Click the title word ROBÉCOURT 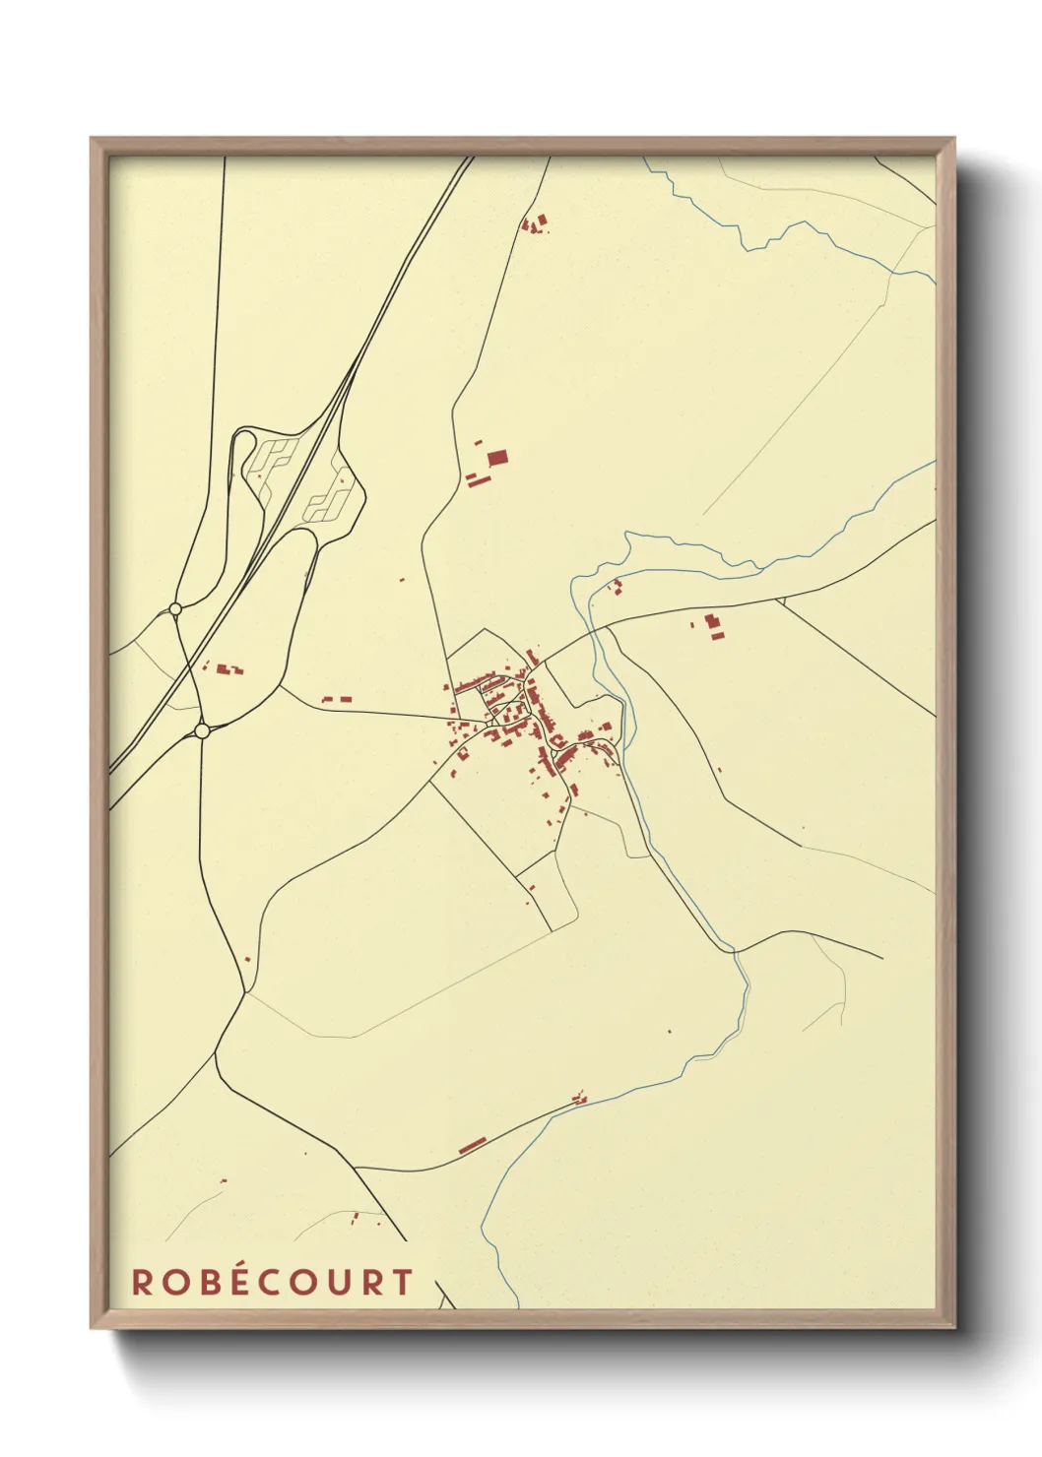click(272, 1282)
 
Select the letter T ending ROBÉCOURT click(401, 1282)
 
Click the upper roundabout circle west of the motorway click(175, 609)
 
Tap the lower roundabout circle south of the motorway click(202, 731)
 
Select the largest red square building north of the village click(497, 457)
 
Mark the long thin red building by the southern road click(473, 1144)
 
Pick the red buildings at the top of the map click(535, 224)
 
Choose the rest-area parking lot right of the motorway click(329, 495)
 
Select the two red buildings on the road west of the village click(337, 699)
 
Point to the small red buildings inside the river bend click(618, 588)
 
